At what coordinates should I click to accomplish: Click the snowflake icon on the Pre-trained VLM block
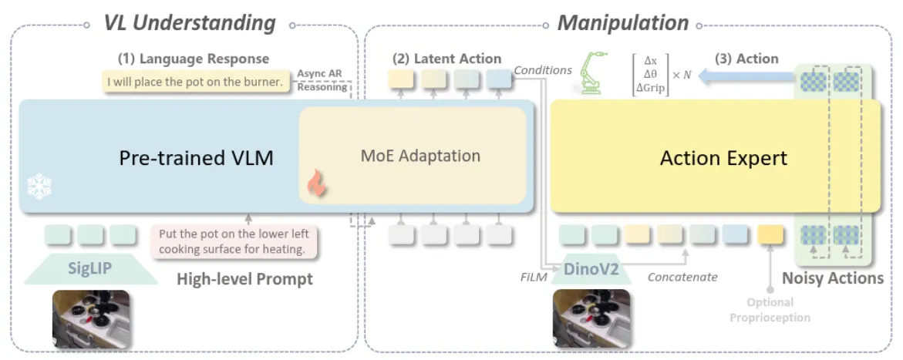pos(39,187)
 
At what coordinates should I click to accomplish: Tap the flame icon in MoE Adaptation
pos(315,183)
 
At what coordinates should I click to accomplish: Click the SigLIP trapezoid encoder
pos(90,268)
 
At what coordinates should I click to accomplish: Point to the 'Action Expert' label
pos(723,158)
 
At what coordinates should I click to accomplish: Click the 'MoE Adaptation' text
pos(420,156)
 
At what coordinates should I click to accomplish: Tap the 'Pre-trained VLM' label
pos(196,158)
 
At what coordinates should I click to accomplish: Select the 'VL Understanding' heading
pos(190,24)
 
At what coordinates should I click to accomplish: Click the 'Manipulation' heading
pos(622,23)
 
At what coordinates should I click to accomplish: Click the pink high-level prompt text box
pos(234,242)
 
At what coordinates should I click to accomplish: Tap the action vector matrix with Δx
pos(662,74)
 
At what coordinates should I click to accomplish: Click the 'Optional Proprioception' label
pos(770,310)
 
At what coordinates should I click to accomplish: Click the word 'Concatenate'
pos(682,277)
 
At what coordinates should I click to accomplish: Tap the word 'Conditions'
pos(542,69)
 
